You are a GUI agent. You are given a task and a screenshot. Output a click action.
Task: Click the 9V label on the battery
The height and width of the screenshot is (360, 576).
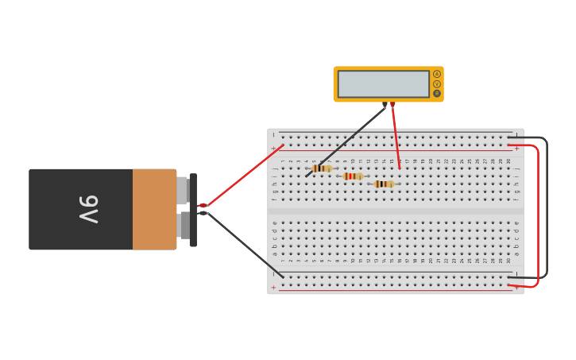(88, 209)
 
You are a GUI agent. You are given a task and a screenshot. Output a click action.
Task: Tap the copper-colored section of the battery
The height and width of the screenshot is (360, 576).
(154, 209)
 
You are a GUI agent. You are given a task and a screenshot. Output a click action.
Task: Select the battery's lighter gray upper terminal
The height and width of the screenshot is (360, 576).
(182, 191)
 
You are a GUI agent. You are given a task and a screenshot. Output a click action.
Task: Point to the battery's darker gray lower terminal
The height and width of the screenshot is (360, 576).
(185, 225)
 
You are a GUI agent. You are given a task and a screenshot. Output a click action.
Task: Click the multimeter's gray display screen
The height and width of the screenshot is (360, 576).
(383, 84)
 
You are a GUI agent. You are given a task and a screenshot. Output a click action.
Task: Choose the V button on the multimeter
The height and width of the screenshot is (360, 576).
(437, 83)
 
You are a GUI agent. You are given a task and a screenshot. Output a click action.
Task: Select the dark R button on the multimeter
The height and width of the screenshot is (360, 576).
(437, 93)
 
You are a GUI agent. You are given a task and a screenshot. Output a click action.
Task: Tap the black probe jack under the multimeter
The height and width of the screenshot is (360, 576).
(385, 104)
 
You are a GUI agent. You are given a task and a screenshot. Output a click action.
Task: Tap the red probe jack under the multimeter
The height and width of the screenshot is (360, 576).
(392, 104)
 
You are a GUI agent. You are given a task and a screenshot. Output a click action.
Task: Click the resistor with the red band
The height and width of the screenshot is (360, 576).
(353, 176)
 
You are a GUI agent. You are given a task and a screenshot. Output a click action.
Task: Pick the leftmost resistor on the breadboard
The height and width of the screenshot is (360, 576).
(322, 168)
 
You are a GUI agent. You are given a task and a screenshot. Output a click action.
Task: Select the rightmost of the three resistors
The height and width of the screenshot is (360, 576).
(384, 184)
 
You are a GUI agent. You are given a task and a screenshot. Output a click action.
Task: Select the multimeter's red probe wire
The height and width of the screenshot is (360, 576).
(396, 135)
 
